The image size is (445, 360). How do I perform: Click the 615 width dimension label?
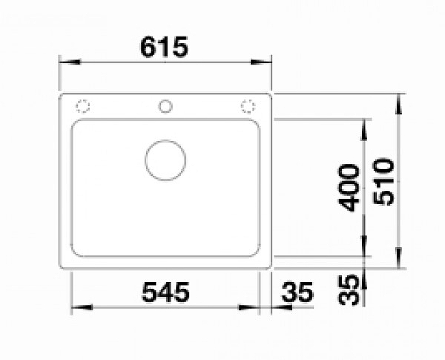click(x=164, y=47)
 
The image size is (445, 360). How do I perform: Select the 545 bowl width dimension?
click(x=165, y=292)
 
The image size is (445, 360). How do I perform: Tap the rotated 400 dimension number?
click(x=349, y=188)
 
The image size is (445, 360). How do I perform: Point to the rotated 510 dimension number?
click(x=383, y=182)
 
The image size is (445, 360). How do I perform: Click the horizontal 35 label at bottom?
click(x=297, y=292)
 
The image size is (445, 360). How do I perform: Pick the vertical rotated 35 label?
click(x=349, y=290)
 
